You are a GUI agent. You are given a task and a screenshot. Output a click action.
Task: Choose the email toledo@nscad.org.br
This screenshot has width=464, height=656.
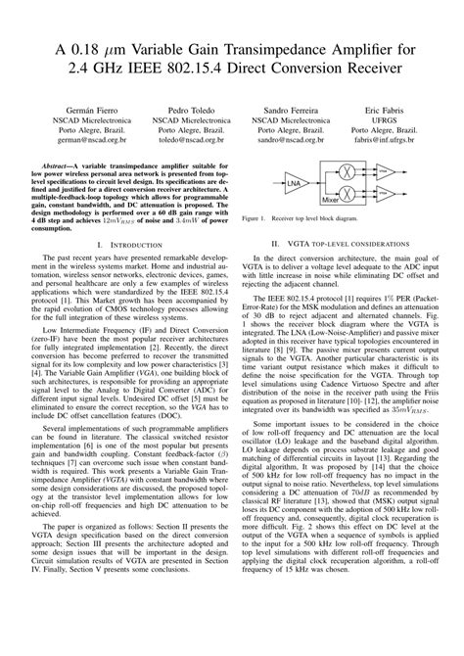[186, 141]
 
